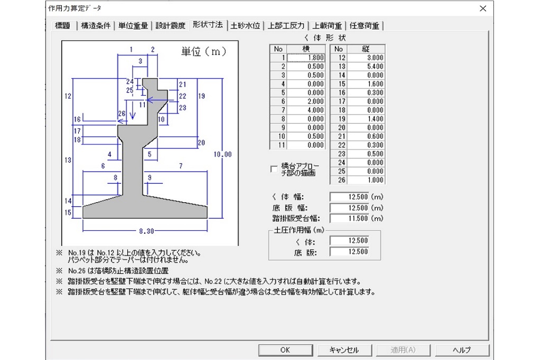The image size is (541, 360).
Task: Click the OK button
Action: (285, 350)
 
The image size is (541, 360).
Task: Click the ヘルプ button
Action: (462, 350)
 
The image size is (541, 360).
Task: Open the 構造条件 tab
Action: (96, 25)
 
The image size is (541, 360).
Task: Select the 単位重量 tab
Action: (133, 25)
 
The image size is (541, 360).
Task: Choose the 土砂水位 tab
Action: (245, 25)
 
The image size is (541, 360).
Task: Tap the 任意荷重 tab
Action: (365, 25)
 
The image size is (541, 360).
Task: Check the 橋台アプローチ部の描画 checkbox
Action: (274, 169)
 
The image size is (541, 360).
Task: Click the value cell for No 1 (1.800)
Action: (306, 58)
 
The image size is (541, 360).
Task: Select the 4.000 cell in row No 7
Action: (306, 110)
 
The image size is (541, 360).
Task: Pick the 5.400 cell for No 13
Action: (366, 67)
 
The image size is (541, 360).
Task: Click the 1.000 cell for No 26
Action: (366, 180)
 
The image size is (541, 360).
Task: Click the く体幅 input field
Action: (349, 197)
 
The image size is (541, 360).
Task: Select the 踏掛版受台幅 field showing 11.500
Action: (349, 219)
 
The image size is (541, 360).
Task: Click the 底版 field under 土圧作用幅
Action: (349, 252)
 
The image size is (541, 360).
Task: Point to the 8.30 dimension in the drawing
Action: (147, 231)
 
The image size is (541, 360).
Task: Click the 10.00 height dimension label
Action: (222, 155)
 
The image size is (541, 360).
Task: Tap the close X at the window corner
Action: (483, 8)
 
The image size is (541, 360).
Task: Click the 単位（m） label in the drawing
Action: (204, 52)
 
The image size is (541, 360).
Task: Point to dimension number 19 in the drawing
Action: (201, 96)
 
